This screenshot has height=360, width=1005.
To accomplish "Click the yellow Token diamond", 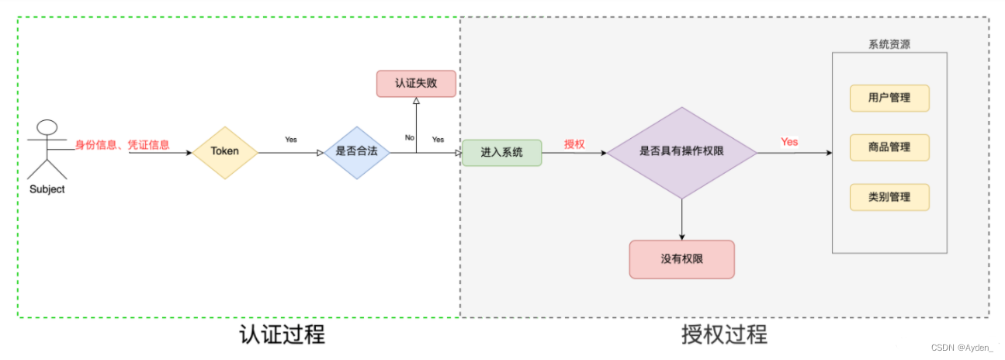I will click(x=225, y=151).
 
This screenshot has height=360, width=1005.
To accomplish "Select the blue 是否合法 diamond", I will click(x=356, y=152).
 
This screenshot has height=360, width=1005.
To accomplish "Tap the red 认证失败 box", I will click(x=416, y=83).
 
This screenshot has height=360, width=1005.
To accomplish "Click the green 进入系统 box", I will click(x=501, y=152).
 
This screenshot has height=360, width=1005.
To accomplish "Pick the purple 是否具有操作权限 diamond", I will click(x=681, y=152).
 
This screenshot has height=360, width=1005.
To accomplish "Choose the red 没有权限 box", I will click(x=681, y=259).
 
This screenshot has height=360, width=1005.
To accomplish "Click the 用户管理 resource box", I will click(x=889, y=99).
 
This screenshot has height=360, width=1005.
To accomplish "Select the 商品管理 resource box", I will click(x=889, y=147).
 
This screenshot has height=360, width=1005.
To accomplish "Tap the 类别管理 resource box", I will click(x=889, y=197).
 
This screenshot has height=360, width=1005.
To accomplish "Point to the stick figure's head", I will click(x=47, y=129).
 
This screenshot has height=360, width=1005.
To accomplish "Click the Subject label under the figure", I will click(x=47, y=189).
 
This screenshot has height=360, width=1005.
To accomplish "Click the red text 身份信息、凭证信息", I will click(x=122, y=144).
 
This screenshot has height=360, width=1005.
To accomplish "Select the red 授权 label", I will click(x=574, y=144).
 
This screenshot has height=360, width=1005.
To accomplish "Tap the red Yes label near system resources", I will click(x=789, y=142).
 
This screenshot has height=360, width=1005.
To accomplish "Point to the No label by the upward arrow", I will click(x=409, y=137).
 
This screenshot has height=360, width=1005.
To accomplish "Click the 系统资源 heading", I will click(x=889, y=44).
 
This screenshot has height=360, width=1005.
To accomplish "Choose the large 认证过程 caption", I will click(x=282, y=335).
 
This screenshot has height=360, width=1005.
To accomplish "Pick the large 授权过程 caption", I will click(x=724, y=335).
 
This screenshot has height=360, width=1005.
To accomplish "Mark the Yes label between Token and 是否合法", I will click(x=291, y=140).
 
